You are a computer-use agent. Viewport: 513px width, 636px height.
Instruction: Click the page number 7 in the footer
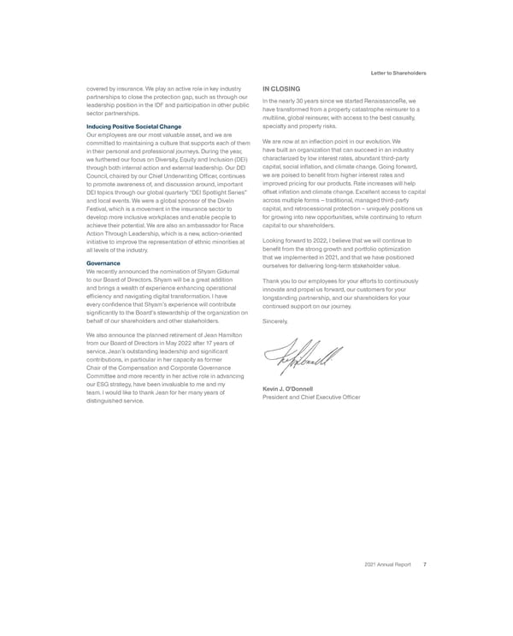pyautogui.click(x=425, y=564)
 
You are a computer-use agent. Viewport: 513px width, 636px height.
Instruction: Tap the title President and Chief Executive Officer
pyautogui.click(x=311, y=397)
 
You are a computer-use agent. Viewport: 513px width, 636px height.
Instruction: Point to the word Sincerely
pyautogui.click(x=277, y=321)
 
